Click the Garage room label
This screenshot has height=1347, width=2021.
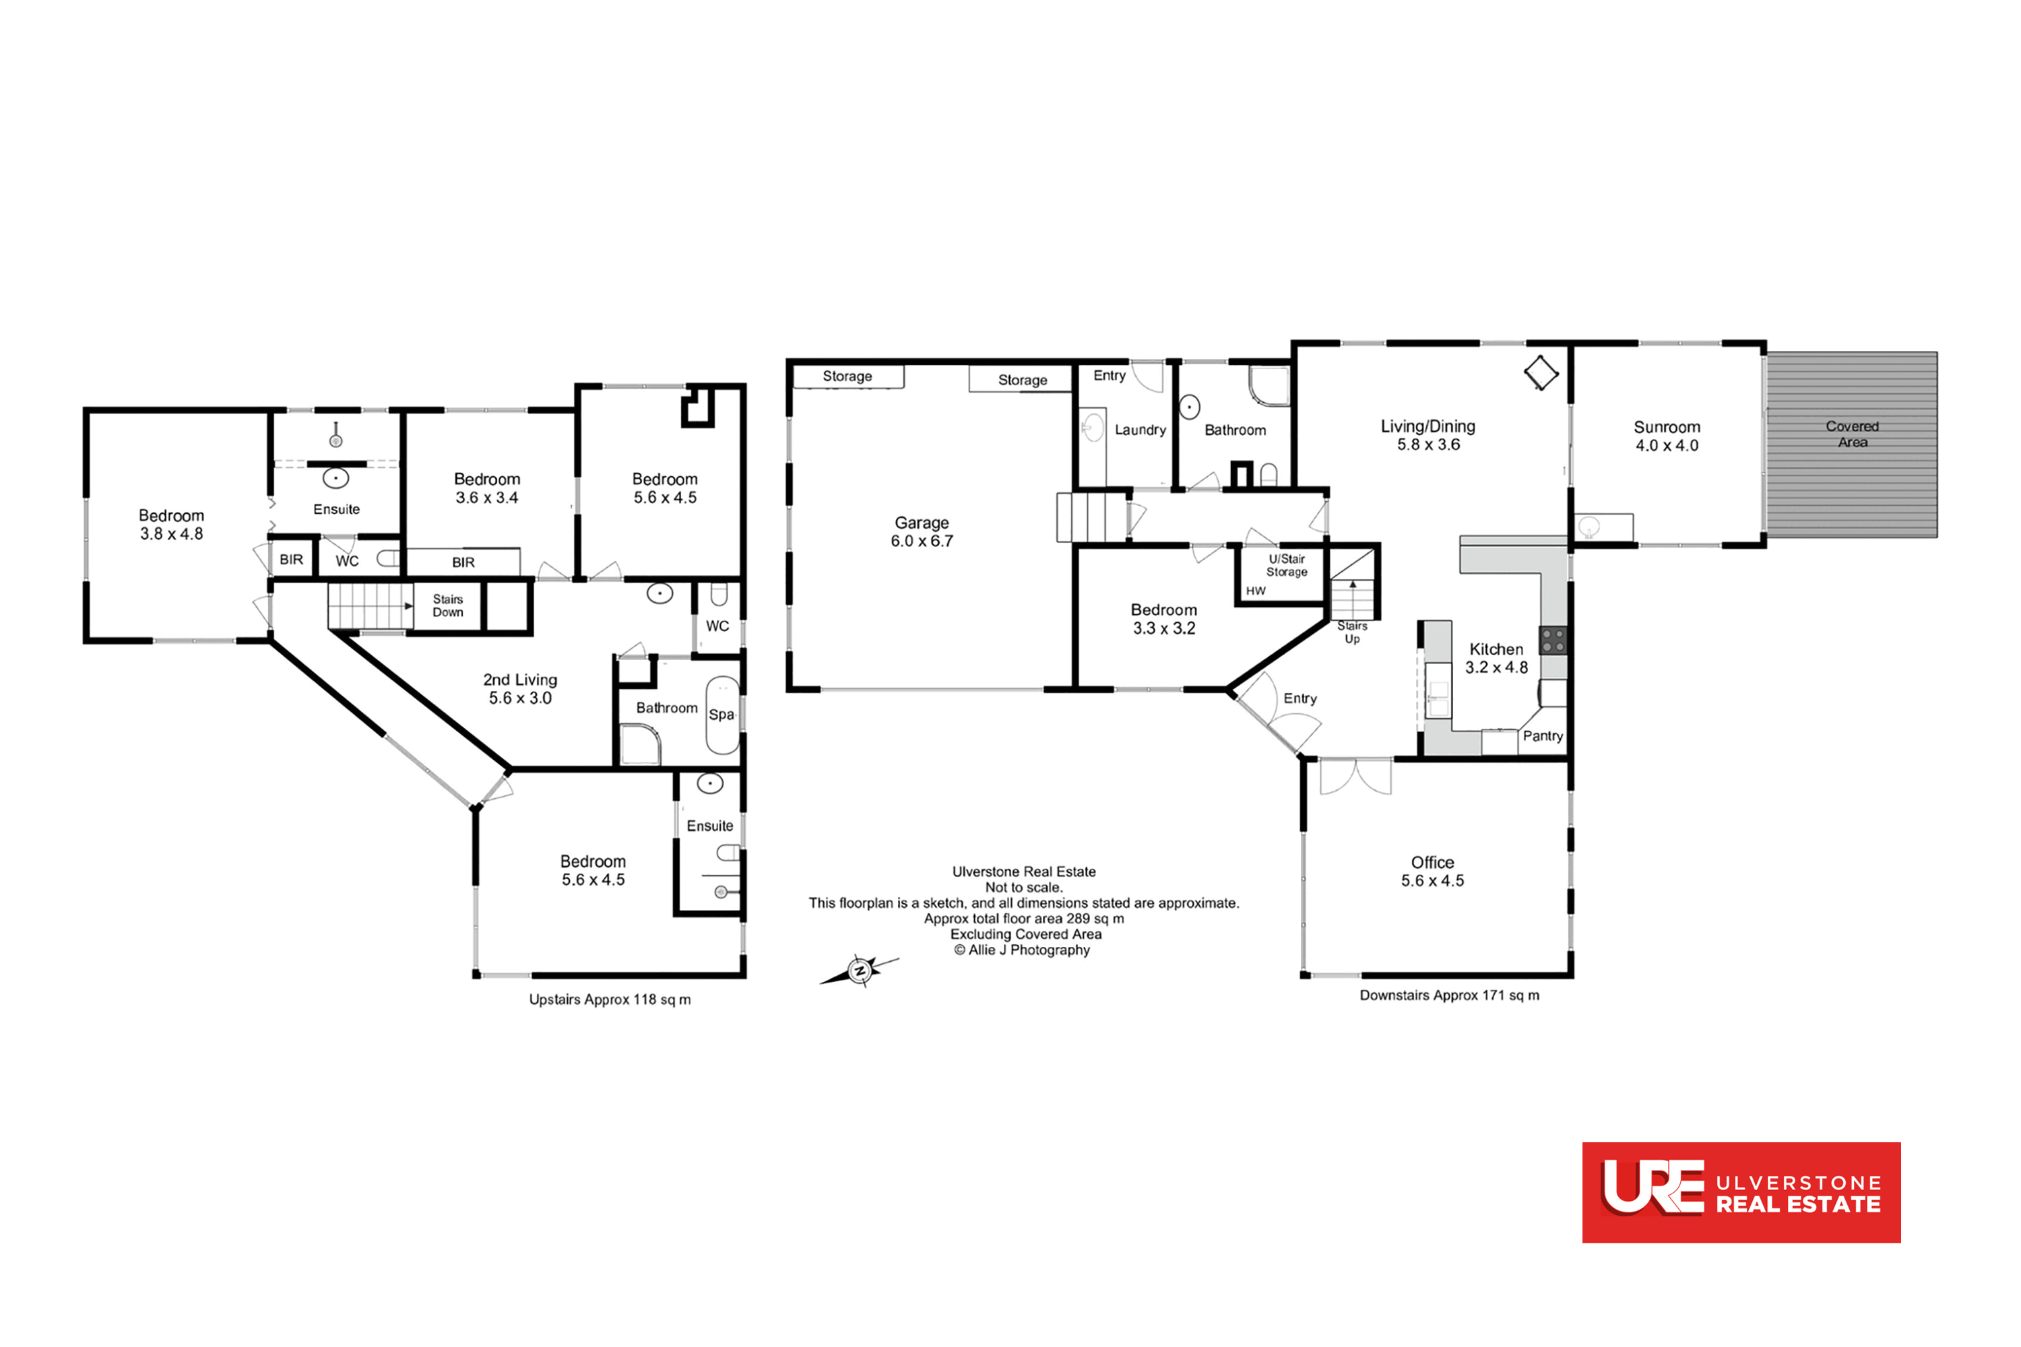[x=922, y=532]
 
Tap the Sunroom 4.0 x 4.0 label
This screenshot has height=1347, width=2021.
[x=1667, y=436]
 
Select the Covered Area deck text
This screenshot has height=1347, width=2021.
[x=1853, y=434]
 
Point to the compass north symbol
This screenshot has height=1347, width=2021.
[x=860, y=971]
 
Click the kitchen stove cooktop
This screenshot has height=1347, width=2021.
[x=1553, y=640]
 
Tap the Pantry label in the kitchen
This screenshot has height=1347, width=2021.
[x=1543, y=736]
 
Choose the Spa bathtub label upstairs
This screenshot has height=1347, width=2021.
[x=721, y=715]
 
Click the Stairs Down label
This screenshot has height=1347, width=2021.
[x=448, y=605]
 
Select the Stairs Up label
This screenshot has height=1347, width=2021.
[x=1351, y=632]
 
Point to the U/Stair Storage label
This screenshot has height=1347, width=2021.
[x=1286, y=565]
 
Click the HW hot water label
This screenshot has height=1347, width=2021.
[x=1256, y=591]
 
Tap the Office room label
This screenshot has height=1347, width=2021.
[x=1432, y=871]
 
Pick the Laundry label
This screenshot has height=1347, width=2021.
[x=1141, y=430]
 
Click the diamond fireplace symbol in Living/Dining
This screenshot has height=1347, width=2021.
[x=1541, y=373]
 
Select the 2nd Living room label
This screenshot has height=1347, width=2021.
[x=520, y=689]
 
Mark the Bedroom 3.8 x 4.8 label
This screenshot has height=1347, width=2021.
[x=171, y=525]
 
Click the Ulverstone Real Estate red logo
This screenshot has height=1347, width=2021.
[x=1741, y=1192]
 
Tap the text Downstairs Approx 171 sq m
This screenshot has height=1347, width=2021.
[x=1449, y=995]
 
